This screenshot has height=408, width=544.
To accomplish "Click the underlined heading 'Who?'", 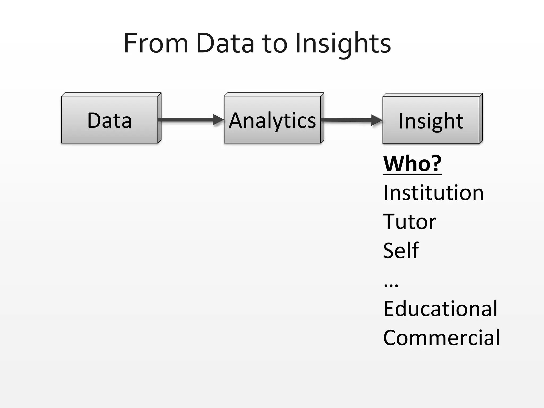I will tap(412, 164).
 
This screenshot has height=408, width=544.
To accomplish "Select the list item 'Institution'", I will tap(433, 193).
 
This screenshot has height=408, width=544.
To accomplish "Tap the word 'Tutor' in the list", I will tap(409, 222).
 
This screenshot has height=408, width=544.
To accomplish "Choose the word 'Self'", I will tap(401, 250).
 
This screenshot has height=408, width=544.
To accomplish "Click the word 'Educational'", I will tap(440, 309).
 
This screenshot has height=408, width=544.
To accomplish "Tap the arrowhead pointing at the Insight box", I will tap(377, 120).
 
